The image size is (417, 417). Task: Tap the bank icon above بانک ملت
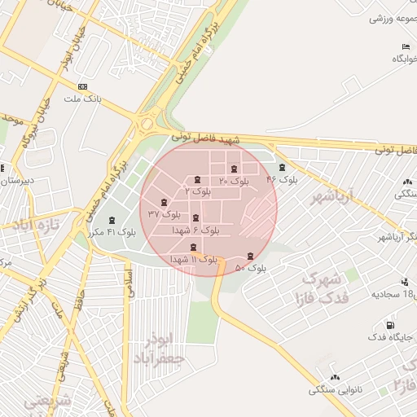[x=82, y=86]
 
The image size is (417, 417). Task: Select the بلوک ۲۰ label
[x=234, y=181]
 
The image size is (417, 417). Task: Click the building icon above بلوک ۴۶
[x=282, y=167]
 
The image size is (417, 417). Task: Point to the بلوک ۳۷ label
[x=164, y=213]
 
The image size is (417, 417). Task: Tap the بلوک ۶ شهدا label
[x=195, y=230]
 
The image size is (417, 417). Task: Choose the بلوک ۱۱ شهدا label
[x=193, y=259]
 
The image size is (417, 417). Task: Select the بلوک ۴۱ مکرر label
[x=112, y=232]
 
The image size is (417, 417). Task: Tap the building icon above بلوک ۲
[x=199, y=179]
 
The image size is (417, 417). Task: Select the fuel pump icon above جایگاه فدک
[x=403, y=325]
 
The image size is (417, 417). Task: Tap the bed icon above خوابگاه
[x=405, y=46]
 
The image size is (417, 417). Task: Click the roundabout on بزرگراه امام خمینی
[x=147, y=125]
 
